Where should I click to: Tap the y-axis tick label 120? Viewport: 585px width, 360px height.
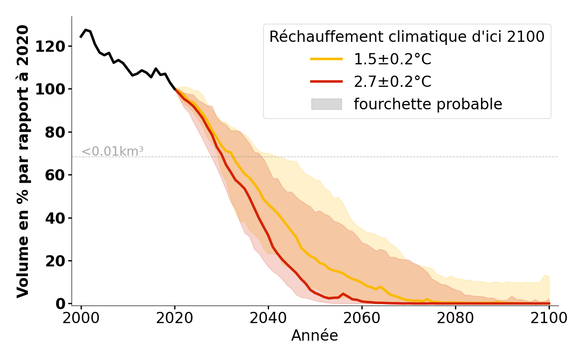51,46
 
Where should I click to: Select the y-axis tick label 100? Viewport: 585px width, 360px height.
51,89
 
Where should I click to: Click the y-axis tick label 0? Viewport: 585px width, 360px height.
60,304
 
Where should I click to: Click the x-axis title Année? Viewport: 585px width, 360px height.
315,336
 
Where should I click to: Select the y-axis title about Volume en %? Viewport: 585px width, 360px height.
23,161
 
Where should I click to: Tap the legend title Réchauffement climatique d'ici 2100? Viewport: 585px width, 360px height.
407,37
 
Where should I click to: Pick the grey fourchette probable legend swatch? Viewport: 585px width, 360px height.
326,104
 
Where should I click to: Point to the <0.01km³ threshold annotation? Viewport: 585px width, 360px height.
112,152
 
